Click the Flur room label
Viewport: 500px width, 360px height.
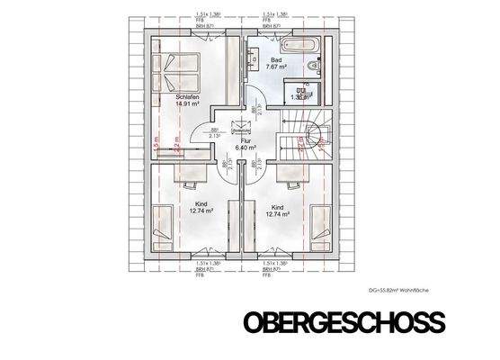pyautogui.click(x=244, y=139)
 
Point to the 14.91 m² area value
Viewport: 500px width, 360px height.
pyautogui.click(x=187, y=103)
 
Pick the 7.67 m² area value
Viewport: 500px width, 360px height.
pyautogui.click(x=275, y=66)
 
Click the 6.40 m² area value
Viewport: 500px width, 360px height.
pyautogui.click(x=246, y=148)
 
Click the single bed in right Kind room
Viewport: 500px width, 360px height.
pyautogui.click(x=322, y=225)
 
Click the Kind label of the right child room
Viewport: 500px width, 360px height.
pyautogui.click(x=277, y=207)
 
